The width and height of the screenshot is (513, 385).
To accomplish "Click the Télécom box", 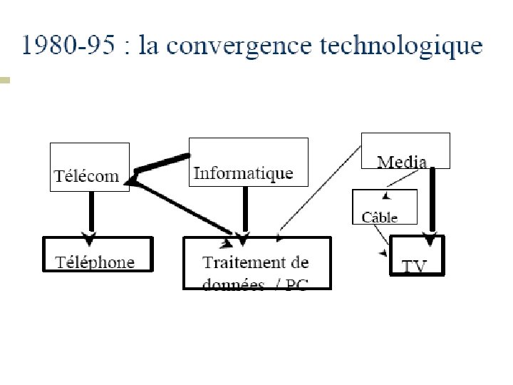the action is pyautogui.click(x=89, y=168).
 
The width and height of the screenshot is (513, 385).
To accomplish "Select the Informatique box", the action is pyautogui.click(x=248, y=162).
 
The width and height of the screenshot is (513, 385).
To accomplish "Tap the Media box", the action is pyautogui.click(x=405, y=150).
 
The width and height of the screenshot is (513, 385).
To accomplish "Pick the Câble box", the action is pyautogui.click(x=385, y=207).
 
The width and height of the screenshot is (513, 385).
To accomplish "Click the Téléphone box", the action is pyautogui.click(x=98, y=255).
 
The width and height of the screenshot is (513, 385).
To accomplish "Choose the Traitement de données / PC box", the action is pyautogui.click(x=257, y=262).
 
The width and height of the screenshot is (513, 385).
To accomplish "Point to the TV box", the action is pyautogui.click(x=418, y=255).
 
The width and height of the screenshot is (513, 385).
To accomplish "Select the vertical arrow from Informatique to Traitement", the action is pyautogui.click(x=245, y=210).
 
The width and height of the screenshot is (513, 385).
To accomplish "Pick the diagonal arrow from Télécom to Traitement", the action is pyautogui.click(x=185, y=208).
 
